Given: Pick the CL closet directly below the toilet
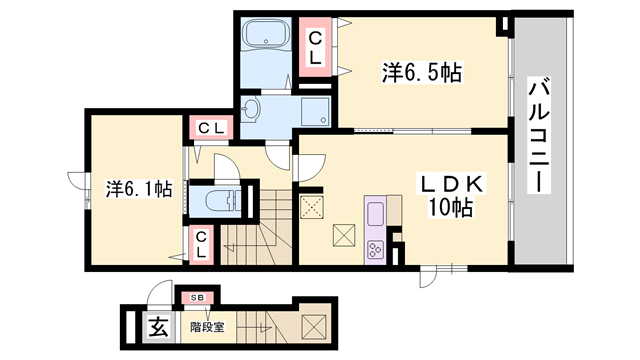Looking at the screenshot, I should [x=201, y=243].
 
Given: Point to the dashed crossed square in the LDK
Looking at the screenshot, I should [x=311, y=208].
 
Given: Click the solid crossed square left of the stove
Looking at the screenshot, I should [x=343, y=234].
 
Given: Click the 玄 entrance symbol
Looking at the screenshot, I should [x=158, y=325].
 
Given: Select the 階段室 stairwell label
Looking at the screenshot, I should [x=208, y=326].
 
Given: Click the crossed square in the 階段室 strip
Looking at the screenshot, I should [x=312, y=326].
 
